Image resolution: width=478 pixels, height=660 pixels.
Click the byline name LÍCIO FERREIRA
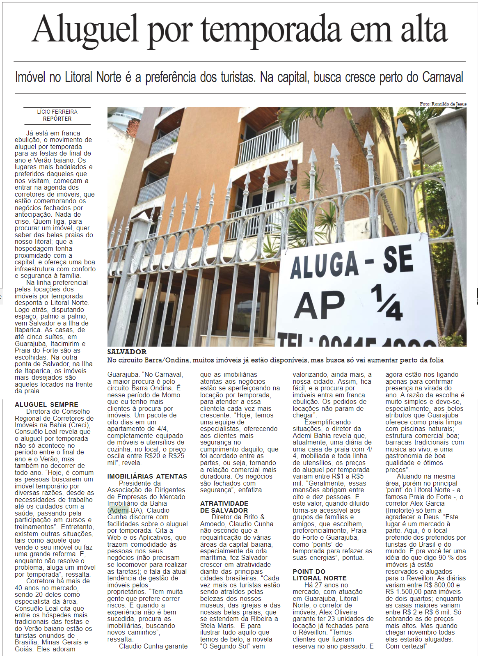pyautogui.click(x=57, y=112)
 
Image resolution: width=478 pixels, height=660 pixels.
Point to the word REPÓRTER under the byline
pyautogui.click(x=57, y=119)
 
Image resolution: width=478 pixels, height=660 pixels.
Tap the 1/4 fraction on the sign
pyautogui.click(x=387, y=303)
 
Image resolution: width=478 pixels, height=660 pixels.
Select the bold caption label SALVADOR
pyautogui.click(x=127, y=352)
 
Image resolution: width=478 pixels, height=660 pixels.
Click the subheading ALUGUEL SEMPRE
pyautogui.click(x=46, y=404)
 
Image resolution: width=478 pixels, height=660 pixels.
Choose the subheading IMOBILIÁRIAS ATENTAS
pyautogui.click(x=147, y=476)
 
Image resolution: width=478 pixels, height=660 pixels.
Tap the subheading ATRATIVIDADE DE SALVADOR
pyautogui.click(x=224, y=507)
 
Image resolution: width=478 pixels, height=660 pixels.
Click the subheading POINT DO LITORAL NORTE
pyautogui.click(x=319, y=575)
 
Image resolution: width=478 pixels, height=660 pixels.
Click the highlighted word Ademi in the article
pyautogui.click(x=119, y=510)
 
